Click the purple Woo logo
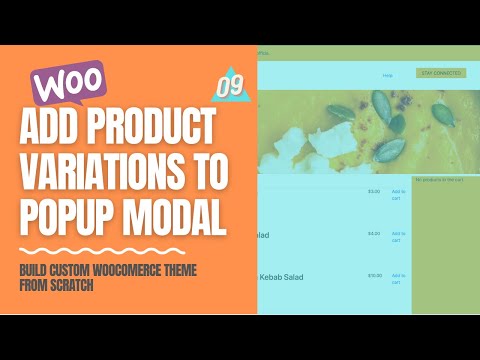point(69,82)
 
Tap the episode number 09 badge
point(230,86)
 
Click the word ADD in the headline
point(56,130)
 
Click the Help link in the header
point(387,75)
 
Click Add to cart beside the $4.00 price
point(398,236)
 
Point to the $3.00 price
point(374,191)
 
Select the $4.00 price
point(374,233)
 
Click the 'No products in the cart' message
point(439,180)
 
